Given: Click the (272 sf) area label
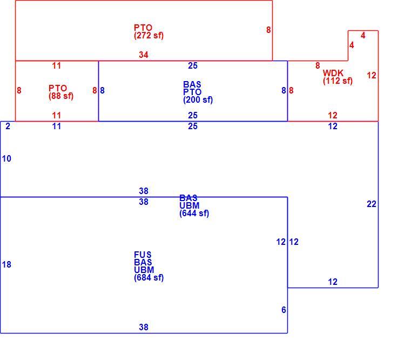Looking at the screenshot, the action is pos(149,36).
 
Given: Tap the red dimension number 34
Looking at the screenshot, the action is pos(144,55).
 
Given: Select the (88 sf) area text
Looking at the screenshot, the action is pos(61,96).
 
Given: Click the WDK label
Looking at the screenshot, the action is pos(333,73).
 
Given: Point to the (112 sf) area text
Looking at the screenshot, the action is pos(337,81).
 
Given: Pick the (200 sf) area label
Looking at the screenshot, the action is pos(198,100).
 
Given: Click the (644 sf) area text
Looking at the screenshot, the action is pos(194,214).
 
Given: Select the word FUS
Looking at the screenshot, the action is pos(143,255).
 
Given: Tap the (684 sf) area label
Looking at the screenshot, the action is pos(149,278).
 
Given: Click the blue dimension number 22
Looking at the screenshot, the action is pos(372,204).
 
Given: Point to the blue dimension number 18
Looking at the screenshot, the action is pos(6,264).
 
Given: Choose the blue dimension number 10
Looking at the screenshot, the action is pos(6,158).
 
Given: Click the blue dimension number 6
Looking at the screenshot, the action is pos(283,310).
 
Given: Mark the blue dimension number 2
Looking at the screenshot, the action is pos(8,126).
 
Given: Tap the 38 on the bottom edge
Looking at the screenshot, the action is pos(144,327).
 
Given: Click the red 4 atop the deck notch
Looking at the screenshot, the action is pos(363,36).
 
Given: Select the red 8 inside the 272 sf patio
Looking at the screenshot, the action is pos(268,30).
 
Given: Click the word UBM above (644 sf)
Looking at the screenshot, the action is pos(190,205).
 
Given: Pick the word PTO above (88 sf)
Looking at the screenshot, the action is pos(58,88).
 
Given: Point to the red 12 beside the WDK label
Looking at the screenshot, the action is pos(372,76).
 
